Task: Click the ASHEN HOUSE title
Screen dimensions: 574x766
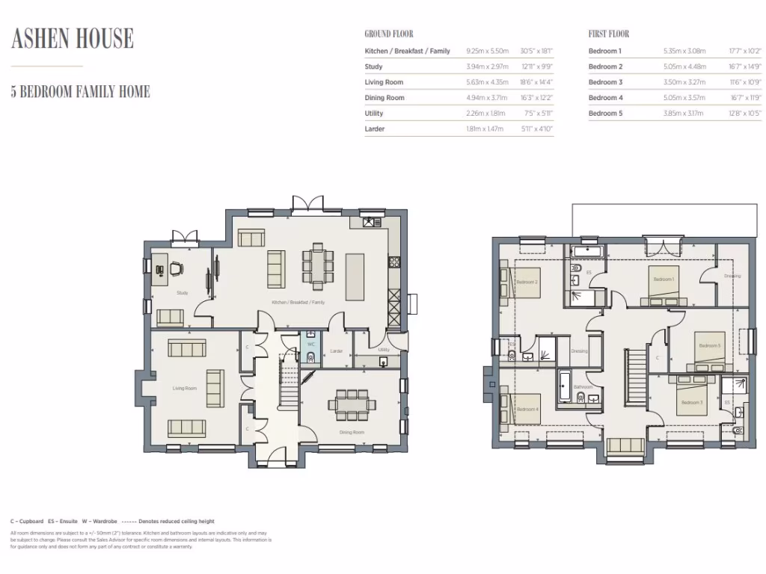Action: point(73,38)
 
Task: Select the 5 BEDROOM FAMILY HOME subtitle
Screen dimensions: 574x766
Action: point(80,92)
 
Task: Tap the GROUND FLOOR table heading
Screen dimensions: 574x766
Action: point(388,34)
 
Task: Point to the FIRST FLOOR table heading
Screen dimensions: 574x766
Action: point(608,34)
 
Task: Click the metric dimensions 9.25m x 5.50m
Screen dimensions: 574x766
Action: point(487,51)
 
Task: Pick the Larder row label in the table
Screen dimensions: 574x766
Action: point(374,129)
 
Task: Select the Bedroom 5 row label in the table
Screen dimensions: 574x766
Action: point(605,114)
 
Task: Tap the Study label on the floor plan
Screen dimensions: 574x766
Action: point(182,293)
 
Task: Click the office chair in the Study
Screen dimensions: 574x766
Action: point(176,267)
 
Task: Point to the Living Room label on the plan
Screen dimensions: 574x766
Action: point(184,388)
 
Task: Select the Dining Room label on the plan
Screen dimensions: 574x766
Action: point(351,432)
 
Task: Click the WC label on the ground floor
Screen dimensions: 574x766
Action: point(310,345)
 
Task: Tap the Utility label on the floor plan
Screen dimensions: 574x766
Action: point(384,350)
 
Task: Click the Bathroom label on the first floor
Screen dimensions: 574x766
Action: point(583,386)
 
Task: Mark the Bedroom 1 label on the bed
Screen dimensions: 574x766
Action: point(664,279)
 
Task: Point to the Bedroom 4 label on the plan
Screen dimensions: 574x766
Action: point(527,409)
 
